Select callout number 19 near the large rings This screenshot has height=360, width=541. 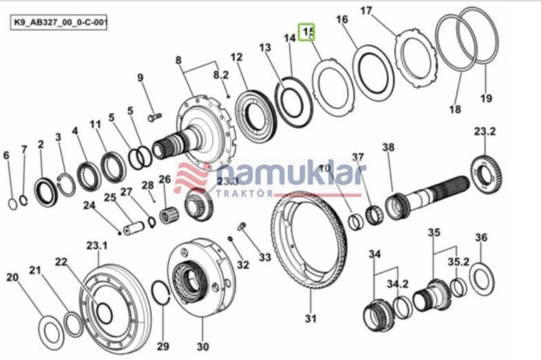coord(486,98)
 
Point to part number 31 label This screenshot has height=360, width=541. coord(311,318)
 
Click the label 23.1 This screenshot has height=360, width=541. coord(97,246)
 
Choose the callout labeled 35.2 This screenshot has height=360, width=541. coord(458,262)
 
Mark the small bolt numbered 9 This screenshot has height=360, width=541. coord(155,117)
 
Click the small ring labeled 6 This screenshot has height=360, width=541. coord(13,204)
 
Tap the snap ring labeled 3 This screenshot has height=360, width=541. coord(67,185)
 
